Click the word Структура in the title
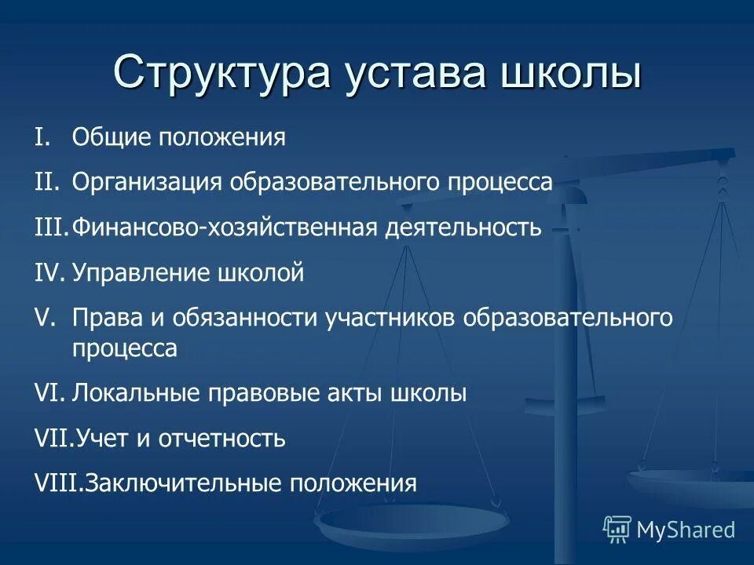coord(220,73)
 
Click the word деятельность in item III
coord(463,228)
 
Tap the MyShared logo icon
coord(617,529)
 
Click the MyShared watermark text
coord(686,530)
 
